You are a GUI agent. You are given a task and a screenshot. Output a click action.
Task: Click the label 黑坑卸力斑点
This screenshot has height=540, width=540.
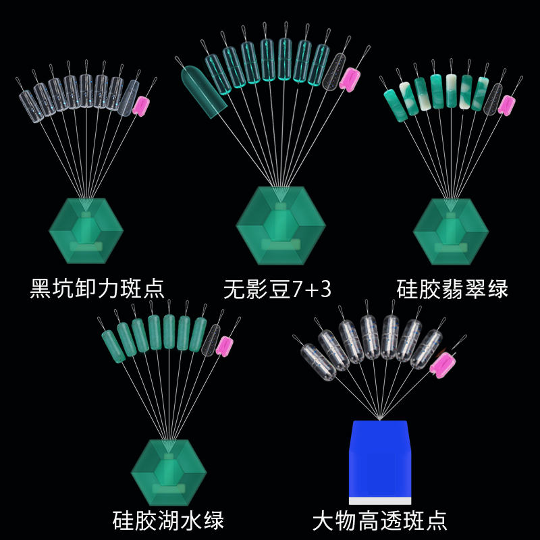97,289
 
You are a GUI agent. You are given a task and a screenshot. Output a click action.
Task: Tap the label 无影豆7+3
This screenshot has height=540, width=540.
277,289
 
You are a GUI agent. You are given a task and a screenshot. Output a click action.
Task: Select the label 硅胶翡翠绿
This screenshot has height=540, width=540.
452,289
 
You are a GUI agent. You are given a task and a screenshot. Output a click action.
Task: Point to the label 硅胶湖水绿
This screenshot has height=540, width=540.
168,520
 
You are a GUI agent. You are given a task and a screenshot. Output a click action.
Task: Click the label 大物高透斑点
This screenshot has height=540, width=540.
380,520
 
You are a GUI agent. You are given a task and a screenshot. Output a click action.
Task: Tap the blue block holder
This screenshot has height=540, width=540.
380,459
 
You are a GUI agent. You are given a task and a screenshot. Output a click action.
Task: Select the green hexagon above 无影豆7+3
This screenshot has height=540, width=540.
277,225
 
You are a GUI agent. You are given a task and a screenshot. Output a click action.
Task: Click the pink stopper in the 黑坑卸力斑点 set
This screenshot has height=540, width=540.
142,105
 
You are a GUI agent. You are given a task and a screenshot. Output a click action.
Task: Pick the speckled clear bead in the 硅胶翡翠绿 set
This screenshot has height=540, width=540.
495,99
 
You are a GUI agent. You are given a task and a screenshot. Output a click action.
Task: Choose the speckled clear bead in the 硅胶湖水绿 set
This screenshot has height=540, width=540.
212,339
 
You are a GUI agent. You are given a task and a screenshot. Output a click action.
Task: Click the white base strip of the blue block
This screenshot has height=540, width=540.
380,500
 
